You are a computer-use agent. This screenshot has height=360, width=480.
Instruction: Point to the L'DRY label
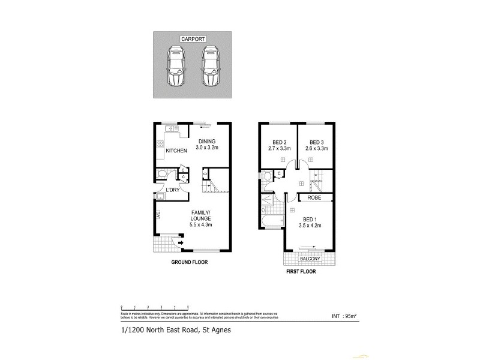click(173, 190)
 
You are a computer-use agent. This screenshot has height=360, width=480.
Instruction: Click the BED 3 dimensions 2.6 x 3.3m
click(316, 148)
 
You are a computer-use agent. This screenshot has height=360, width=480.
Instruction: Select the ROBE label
click(313, 197)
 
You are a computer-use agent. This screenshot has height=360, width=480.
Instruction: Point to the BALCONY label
click(310, 259)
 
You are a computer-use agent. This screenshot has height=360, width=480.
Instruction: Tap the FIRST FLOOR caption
click(300, 271)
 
